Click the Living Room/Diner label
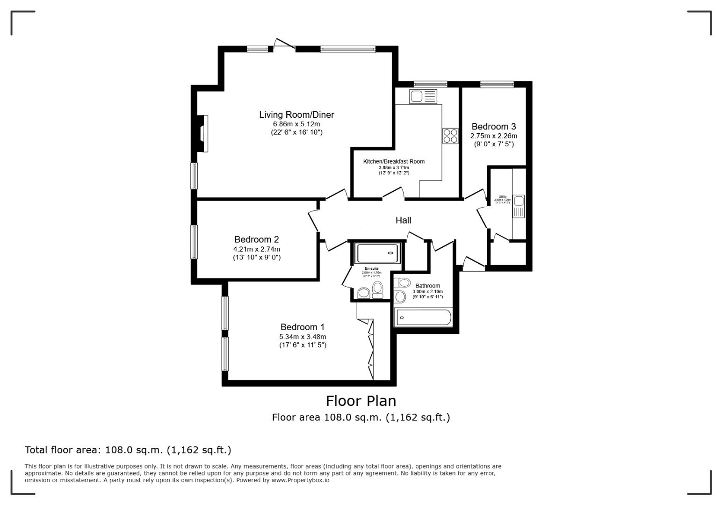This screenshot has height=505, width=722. [x=296, y=115]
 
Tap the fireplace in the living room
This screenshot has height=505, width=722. [x=202, y=133]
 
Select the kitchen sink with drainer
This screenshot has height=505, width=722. [x=423, y=97]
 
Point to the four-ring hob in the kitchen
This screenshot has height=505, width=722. [x=450, y=136]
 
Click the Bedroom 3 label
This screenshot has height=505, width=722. [x=493, y=126]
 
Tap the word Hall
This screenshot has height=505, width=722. [x=403, y=220]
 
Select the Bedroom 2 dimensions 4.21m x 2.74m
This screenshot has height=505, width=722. [x=257, y=249]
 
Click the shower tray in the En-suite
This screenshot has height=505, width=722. [x=378, y=253]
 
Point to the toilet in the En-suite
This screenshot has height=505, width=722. [x=378, y=289]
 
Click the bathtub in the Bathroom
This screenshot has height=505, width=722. [x=424, y=318]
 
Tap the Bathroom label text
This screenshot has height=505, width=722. [x=427, y=286]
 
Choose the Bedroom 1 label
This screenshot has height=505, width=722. [x=302, y=327]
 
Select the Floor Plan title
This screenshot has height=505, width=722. [x=361, y=401]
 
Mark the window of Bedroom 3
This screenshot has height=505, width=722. [x=497, y=85]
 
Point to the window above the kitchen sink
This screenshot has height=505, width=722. [x=430, y=85]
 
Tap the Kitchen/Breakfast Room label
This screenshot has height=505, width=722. [x=394, y=161]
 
